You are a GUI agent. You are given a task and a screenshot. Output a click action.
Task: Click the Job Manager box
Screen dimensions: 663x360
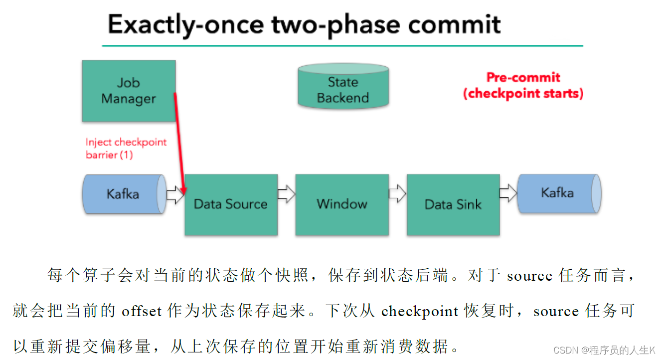coord(129,91)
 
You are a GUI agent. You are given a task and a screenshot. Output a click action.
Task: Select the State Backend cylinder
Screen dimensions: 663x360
coord(343,85)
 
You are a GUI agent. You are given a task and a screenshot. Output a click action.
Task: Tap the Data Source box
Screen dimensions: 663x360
coord(231,204)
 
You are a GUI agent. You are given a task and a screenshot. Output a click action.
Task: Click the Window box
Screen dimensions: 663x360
coord(342,204)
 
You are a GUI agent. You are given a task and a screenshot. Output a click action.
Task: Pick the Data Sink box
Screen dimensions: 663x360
coord(453,204)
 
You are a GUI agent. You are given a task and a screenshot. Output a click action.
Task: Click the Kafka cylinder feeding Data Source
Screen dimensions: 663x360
coord(125,194)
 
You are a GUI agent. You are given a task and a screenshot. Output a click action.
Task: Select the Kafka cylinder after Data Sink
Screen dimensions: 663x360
coord(559,193)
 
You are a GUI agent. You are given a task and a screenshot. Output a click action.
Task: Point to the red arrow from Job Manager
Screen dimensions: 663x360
coord(179,144)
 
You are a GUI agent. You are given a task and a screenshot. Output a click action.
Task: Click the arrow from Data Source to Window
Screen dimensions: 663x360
coord(287,194)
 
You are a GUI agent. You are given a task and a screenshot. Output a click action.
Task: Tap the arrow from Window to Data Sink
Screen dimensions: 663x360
coord(398,193)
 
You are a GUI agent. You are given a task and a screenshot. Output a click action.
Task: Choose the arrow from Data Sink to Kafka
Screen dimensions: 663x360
coord(508,193)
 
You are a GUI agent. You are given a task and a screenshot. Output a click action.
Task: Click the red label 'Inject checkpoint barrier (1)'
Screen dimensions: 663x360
coord(126,148)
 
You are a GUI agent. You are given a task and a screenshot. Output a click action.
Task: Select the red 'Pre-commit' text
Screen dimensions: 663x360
coord(523,78)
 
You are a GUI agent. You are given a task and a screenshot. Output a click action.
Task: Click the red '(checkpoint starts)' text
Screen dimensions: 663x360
coord(523,94)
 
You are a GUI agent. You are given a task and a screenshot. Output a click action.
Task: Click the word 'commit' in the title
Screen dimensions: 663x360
coord(454,24)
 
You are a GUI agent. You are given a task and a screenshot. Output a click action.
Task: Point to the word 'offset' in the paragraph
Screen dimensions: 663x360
coord(142,311)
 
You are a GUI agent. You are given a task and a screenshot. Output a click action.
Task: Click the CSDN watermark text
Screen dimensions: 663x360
coord(604,350)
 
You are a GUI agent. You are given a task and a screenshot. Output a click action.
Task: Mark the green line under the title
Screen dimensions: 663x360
coord(343,46)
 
